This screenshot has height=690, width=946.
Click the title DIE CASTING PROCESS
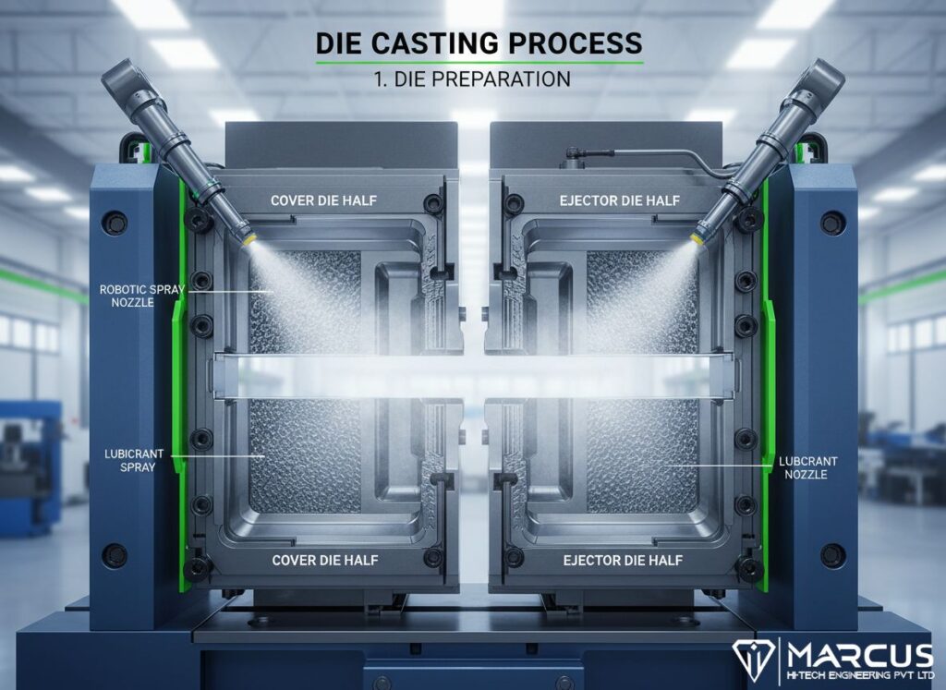479,43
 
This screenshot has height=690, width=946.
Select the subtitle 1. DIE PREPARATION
472,79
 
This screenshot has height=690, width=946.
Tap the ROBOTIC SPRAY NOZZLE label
141,296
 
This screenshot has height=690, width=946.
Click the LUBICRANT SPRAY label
134,460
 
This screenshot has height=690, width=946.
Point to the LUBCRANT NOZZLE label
808,467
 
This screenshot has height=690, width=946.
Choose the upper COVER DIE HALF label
324,200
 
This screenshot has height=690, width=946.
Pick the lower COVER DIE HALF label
325,561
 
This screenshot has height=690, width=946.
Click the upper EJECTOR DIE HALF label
620,200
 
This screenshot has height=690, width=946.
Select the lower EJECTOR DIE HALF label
624,561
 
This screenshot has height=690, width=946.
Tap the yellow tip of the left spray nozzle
248,237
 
